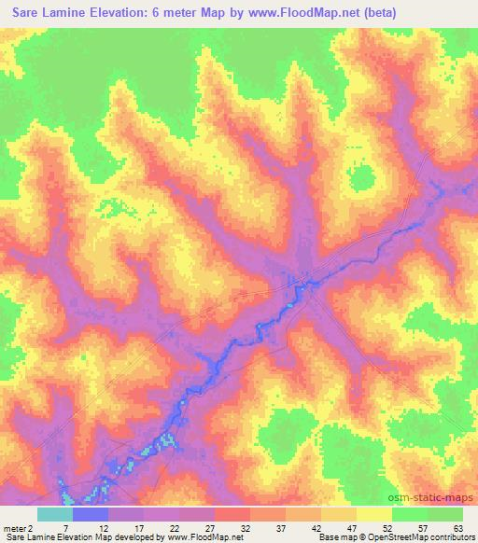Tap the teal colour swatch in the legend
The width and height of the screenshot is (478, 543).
[x=55, y=514]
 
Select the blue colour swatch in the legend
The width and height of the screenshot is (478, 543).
[x=91, y=514]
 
